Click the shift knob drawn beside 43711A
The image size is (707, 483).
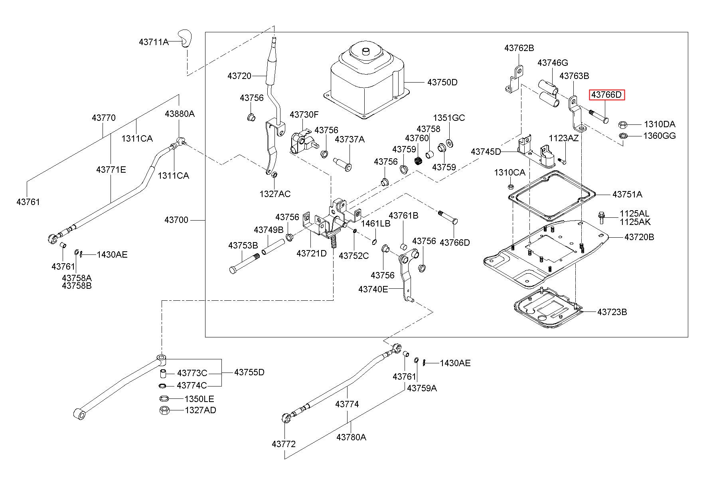coord(185,38)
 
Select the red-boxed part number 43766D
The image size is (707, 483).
coord(606,95)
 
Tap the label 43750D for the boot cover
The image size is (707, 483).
coord(442,83)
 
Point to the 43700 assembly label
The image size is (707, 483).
coord(176,220)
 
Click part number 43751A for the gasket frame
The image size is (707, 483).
coord(627,194)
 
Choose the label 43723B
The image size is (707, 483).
coord(612,312)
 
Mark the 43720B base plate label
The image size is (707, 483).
coord(639,237)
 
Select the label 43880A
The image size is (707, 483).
coord(180,114)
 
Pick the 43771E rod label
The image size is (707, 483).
coord(111,170)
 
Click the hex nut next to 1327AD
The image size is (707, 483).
coord(164,410)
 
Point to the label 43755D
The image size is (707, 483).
coord(249,372)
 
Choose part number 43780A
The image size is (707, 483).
coord(351,437)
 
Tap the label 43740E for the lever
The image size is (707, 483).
coord(373,289)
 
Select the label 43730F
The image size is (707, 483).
coord(304,114)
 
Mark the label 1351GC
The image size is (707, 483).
coord(449,118)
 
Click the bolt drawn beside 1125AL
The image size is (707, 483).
coord(601,217)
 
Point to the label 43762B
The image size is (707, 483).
coord(519,48)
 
